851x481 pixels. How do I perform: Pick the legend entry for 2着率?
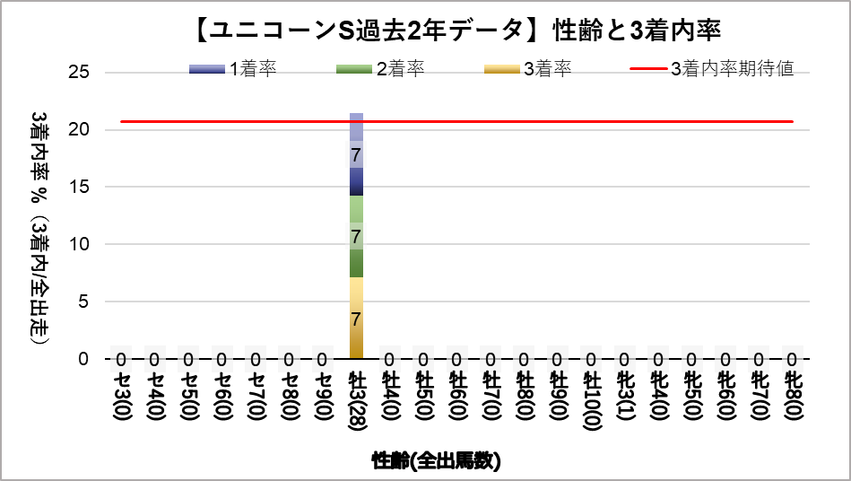pyautogui.click(x=379, y=69)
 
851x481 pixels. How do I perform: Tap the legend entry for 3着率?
pyautogui.click(x=526, y=69)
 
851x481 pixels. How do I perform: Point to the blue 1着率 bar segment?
pyautogui.click(x=356, y=153)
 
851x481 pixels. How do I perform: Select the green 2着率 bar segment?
pyautogui.click(x=356, y=236)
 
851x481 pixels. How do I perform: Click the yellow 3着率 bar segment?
pyautogui.click(x=356, y=318)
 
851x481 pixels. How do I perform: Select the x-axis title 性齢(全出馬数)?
pyautogui.click(x=436, y=461)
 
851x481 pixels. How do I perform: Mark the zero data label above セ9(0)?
pyautogui.click(x=322, y=360)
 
